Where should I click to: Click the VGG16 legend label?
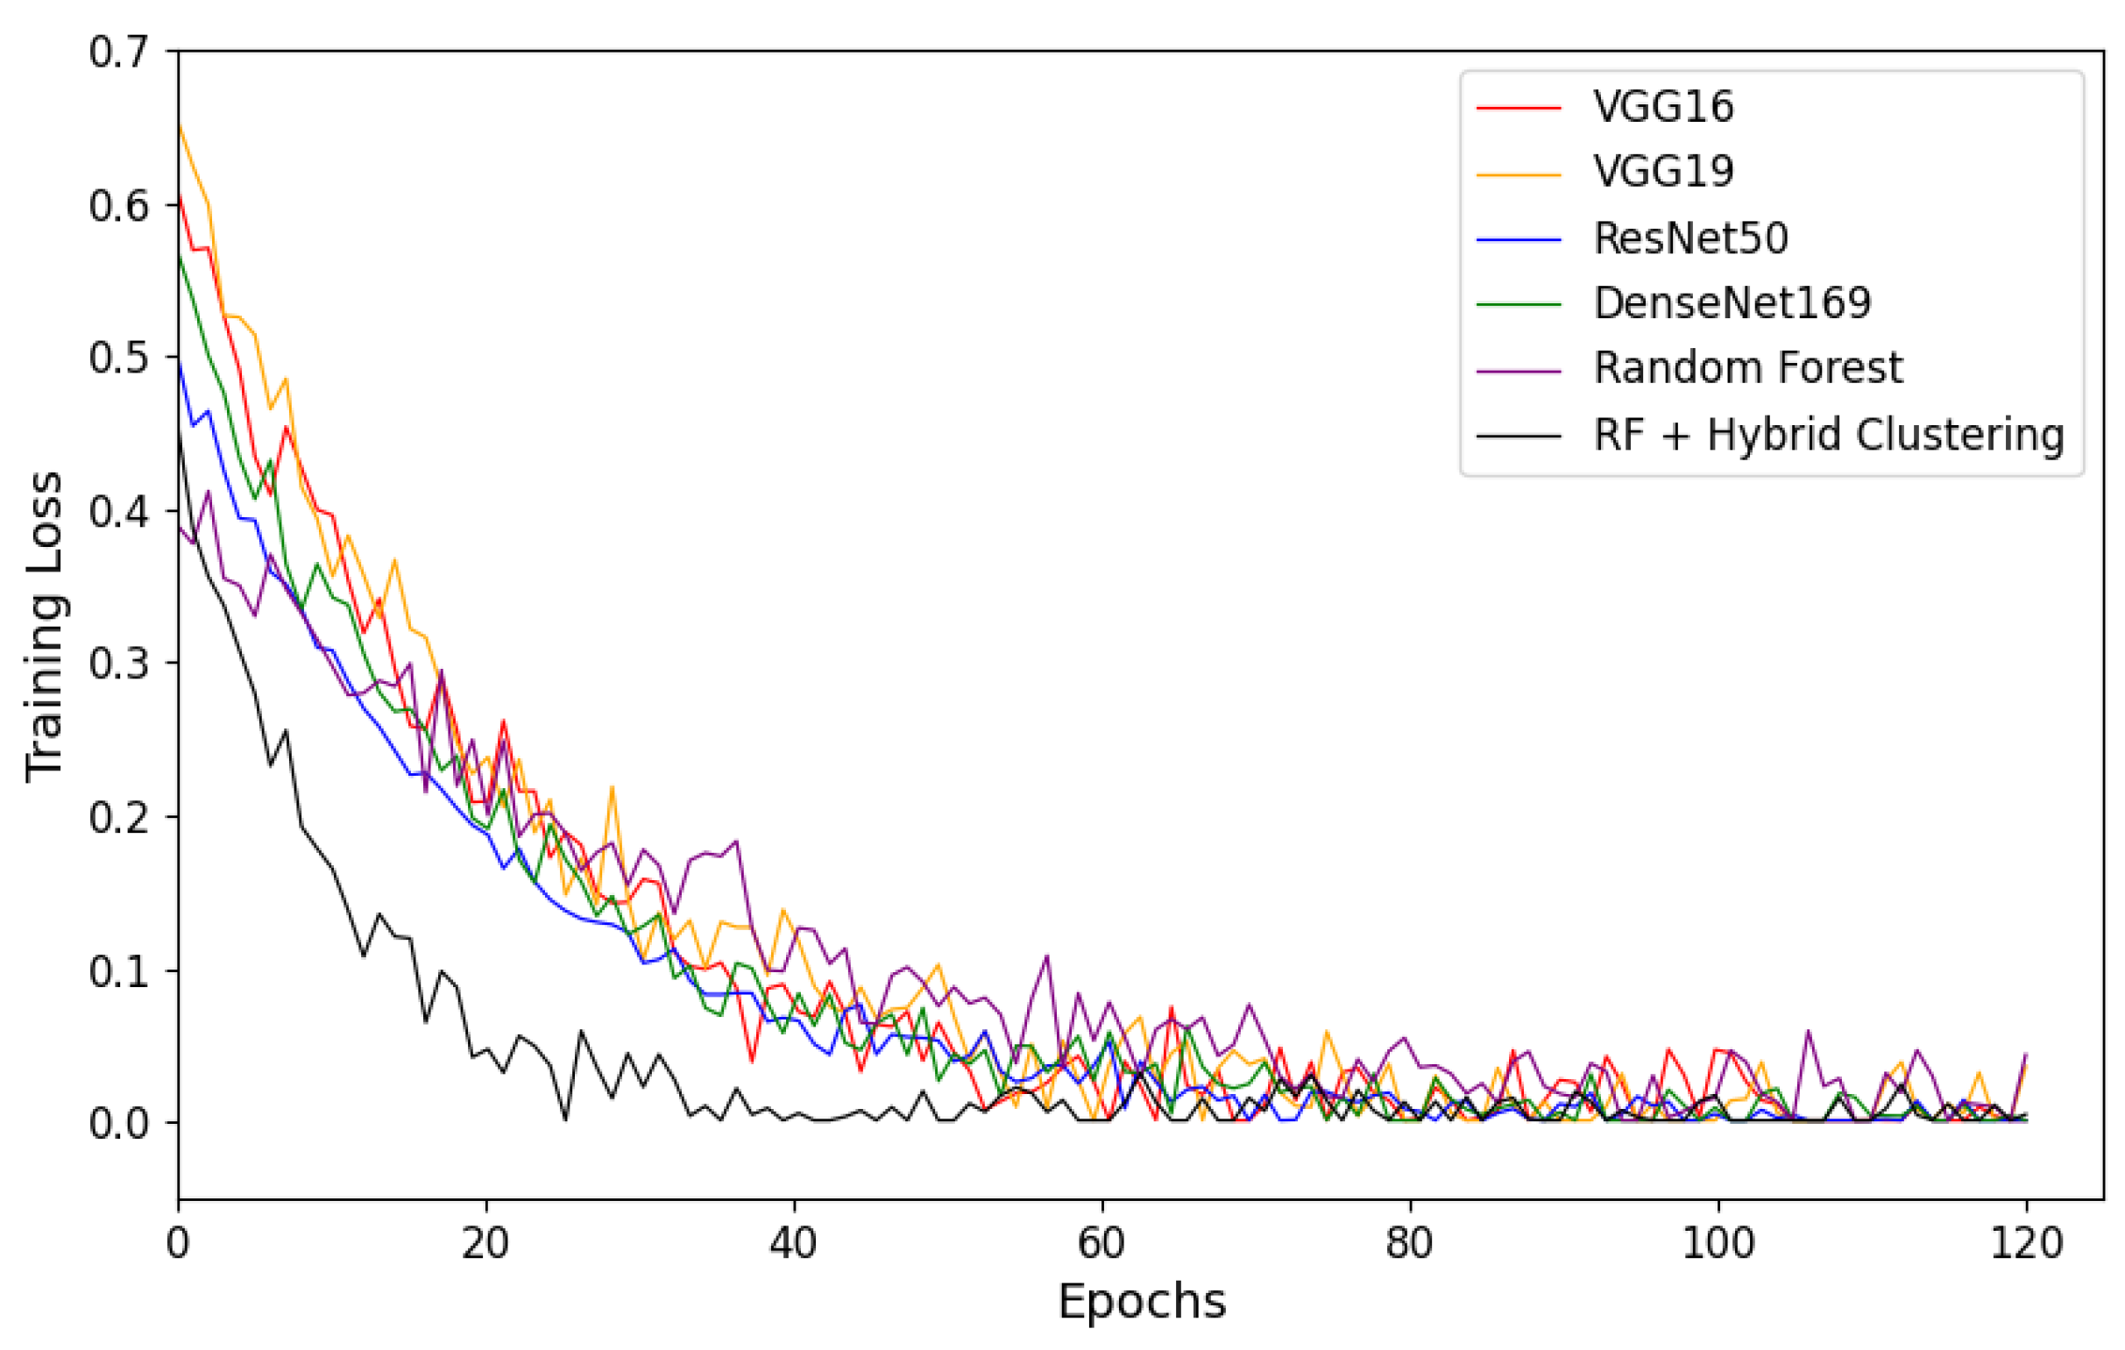1662,107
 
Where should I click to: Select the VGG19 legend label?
1662,172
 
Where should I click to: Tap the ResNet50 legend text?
1690,238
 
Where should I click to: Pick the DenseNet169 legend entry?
1732,303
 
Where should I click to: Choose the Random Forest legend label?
1747,369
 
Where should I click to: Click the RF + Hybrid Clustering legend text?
1828,436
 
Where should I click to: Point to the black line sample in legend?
1518,437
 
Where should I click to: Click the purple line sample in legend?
1518,371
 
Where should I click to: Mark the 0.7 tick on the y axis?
118,52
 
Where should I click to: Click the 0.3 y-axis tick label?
118,664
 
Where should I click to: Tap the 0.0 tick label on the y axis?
118,1123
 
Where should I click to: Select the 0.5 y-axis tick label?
118,358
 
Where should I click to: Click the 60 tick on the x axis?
1101,1243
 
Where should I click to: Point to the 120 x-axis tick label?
2026,1243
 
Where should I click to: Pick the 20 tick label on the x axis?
485,1243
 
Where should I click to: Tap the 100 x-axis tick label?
1718,1243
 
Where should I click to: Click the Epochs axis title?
1141,1302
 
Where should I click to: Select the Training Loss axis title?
44,627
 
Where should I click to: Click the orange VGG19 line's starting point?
179,125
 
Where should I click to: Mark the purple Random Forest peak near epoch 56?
1046,956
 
